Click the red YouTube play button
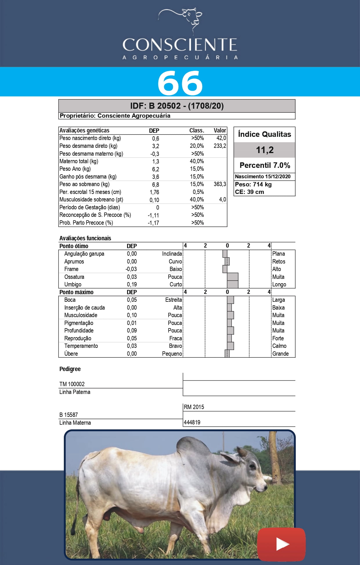(x=281, y=544)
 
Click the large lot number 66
(x=180, y=83)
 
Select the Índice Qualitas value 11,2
(x=265, y=150)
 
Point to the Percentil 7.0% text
(x=265, y=165)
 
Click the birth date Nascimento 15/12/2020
(x=263, y=177)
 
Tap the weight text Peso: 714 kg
(x=253, y=184)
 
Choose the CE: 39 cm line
(x=249, y=192)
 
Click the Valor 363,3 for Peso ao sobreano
(x=220, y=184)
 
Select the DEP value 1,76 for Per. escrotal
(x=154, y=192)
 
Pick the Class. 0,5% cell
(x=198, y=192)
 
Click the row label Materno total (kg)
(x=79, y=161)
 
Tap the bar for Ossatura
(x=233, y=277)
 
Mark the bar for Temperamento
(x=230, y=346)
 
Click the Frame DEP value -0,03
(x=131, y=269)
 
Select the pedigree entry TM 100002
(x=72, y=384)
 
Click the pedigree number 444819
(x=192, y=422)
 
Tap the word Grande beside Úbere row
(x=280, y=354)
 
